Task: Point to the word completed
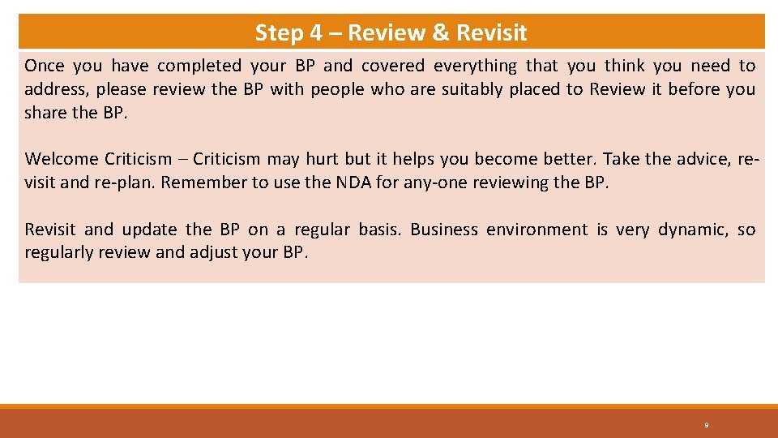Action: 199,66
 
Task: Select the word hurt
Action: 322,159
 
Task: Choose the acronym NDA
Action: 352,182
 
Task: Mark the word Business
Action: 444,230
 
